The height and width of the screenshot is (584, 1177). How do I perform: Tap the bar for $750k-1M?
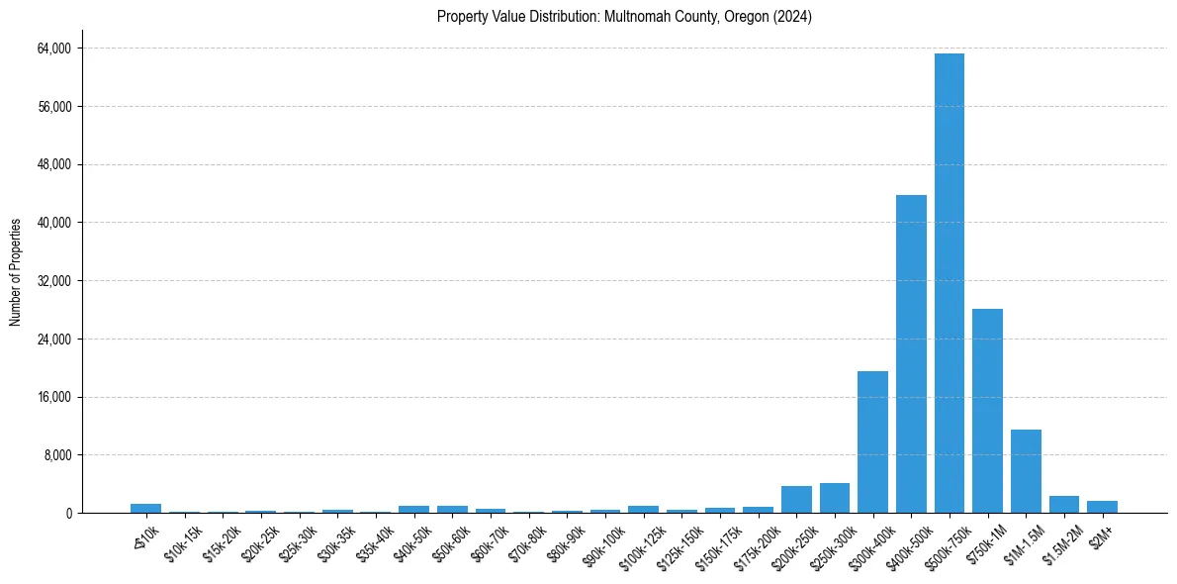tap(987, 411)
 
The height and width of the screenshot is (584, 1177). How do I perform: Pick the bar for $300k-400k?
tap(872, 442)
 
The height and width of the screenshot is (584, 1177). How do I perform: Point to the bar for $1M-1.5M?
tap(1026, 471)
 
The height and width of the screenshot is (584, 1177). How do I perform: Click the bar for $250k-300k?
tap(834, 498)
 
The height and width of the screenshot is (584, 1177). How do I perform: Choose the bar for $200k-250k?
tap(796, 500)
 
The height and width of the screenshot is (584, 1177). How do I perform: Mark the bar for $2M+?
tap(1102, 507)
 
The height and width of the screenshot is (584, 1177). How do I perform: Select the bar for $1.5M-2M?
tap(1064, 505)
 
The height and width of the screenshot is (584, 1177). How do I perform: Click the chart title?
tap(624, 17)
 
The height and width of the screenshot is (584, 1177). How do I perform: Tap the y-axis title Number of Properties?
tap(16, 272)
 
